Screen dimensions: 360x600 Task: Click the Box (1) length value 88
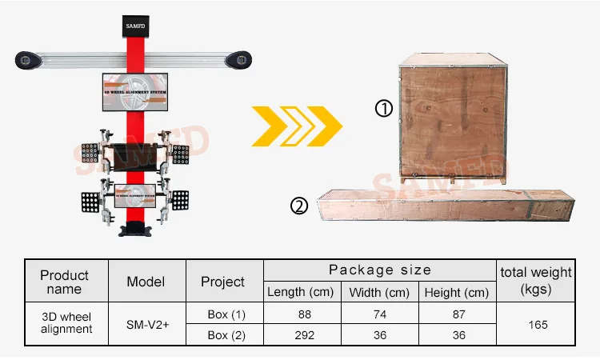(304, 314)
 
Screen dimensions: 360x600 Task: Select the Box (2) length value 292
(304, 335)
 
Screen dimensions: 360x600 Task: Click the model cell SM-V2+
(146, 325)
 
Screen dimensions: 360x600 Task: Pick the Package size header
(380, 270)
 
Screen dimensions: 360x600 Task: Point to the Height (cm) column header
(456, 292)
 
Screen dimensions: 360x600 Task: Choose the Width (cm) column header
(379, 292)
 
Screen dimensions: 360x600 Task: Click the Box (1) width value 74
(379, 314)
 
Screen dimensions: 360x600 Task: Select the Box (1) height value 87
(458, 314)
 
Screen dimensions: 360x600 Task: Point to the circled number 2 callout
(298, 207)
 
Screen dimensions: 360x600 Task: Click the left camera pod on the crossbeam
(26, 59)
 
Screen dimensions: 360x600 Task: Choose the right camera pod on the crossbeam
(238, 59)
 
